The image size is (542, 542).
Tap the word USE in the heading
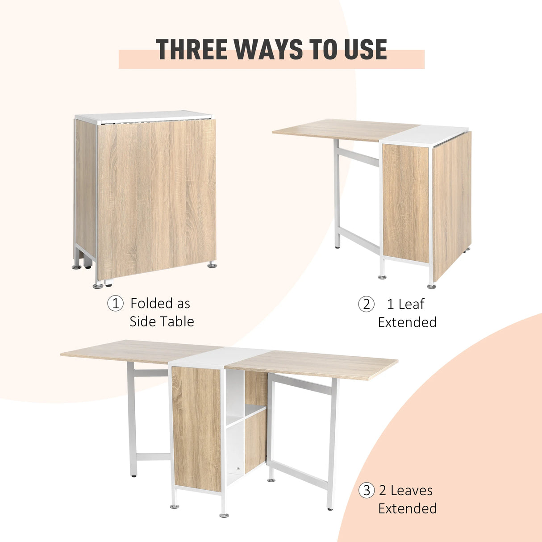[365, 50]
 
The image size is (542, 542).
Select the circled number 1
[115, 304]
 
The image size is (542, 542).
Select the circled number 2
[366, 304]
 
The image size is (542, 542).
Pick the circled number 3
[367, 491]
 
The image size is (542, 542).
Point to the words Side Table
[162, 321]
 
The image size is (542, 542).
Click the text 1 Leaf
[405, 304]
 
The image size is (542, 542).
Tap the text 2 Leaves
[406, 491]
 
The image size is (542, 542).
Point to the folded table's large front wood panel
[156, 196]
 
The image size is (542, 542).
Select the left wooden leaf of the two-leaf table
[138, 350]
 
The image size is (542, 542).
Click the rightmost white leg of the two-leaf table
[331, 446]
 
